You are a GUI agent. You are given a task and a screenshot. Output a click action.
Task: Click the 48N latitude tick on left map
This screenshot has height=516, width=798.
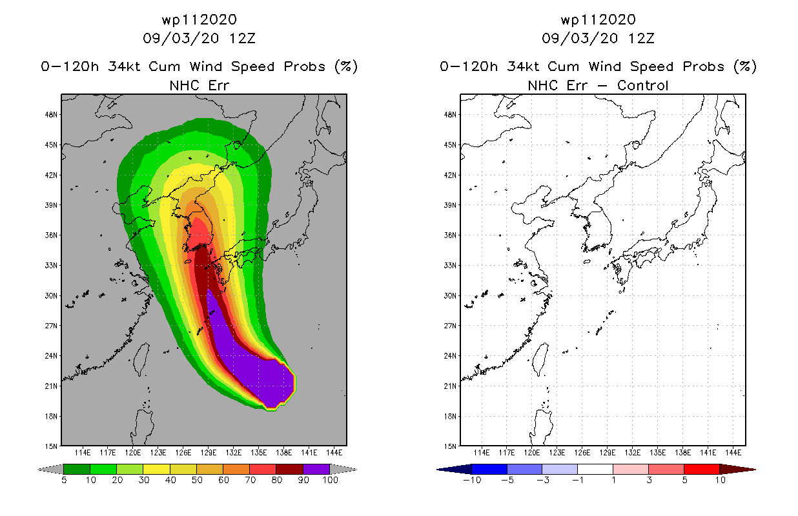[51, 115]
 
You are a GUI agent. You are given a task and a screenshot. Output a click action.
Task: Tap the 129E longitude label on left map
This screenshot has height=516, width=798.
[209, 453]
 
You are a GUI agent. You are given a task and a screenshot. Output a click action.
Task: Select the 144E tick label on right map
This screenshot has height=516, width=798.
[733, 453]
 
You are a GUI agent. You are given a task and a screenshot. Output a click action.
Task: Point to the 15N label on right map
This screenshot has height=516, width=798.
[450, 446]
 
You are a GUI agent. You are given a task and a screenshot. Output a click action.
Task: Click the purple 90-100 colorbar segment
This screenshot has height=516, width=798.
[316, 469]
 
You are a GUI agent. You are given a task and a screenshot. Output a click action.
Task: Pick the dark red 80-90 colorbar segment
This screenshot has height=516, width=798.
[290, 469]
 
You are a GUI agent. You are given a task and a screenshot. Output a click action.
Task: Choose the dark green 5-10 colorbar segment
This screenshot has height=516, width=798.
[77, 469]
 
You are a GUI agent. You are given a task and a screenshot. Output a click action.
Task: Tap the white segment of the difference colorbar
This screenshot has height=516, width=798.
[595, 469]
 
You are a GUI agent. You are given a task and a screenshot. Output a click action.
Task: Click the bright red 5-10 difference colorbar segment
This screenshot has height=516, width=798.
[702, 469]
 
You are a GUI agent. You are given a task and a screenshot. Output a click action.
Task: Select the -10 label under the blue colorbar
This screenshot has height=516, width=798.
[472, 480]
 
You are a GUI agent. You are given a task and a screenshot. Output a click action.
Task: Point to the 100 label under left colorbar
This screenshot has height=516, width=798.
[331, 480]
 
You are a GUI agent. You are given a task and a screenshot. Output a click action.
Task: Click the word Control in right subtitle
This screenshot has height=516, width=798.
[642, 86]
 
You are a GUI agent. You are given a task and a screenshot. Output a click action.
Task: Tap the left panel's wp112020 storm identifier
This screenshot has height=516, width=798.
[200, 20]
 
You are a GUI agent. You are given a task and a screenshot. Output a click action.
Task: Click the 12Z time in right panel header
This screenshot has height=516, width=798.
[641, 39]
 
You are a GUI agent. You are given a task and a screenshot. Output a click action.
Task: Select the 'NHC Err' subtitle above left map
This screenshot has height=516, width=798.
[200, 86]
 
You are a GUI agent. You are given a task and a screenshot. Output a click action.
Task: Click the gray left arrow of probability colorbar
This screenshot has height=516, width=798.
[50, 470]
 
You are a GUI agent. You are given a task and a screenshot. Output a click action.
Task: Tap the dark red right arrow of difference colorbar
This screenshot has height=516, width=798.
[737, 470]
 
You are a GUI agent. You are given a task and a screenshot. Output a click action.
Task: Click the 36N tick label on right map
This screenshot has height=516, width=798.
[450, 235]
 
